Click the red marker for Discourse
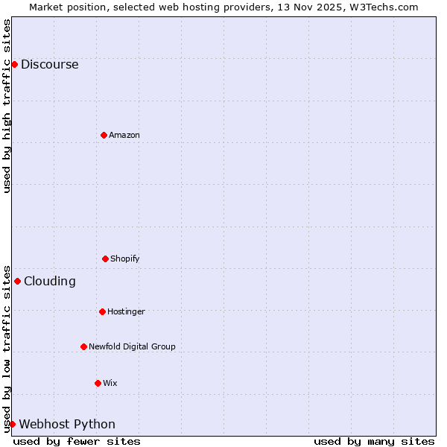[x=14, y=64]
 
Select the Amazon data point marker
[x=104, y=135]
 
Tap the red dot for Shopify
[x=105, y=259]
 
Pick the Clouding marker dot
[x=17, y=281]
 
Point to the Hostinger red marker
[x=102, y=311]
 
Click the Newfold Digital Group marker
[x=83, y=346]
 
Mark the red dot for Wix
[x=98, y=383]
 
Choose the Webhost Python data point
[x=12, y=424]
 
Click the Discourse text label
[x=49, y=64]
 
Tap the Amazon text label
[x=124, y=135]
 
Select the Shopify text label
[x=125, y=259]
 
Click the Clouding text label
[x=50, y=281]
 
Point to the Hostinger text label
[x=126, y=311]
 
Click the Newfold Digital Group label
[x=132, y=346]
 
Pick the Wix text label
[x=110, y=383]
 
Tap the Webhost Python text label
[x=67, y=424]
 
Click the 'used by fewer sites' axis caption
[x=77, y=441]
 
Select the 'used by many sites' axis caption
[x=374, y=441]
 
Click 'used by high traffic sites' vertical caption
[x=7, y=106]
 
